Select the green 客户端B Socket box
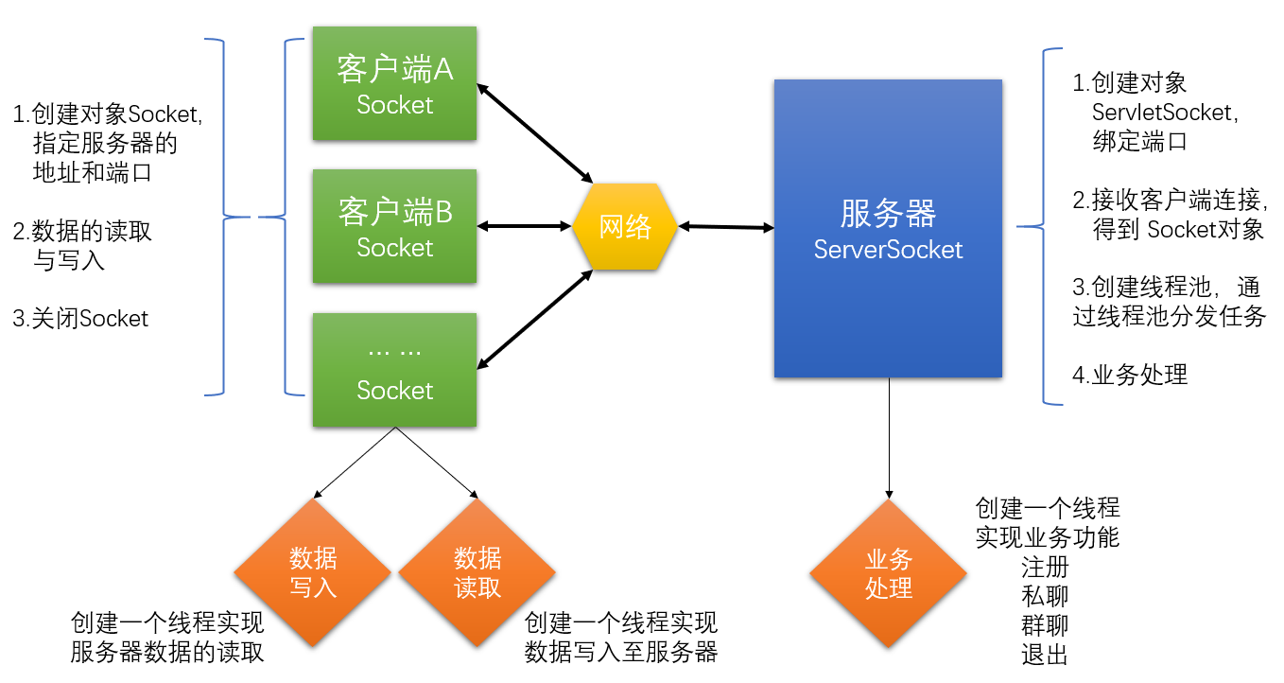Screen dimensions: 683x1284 (394, 226)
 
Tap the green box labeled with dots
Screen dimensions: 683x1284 (394, 370)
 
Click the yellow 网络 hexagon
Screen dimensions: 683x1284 (625, 227)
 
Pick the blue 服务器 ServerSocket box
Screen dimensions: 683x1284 (888, 228)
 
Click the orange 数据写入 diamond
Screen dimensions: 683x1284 (313, 572)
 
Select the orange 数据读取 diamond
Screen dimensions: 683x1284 (477, 572)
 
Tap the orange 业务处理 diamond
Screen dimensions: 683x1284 (889, 573)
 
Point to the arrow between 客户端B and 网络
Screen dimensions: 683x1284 (525, 226)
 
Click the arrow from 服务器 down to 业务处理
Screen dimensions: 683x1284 (889, 435)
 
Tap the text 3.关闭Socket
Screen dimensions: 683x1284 (80, 319)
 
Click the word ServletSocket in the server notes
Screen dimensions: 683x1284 (1163, 113)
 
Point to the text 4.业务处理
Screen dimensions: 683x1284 (1130, 375)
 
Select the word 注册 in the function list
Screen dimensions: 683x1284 (1045, 568)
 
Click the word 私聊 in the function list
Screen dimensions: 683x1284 (1045, 596)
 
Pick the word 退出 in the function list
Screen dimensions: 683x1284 (1045, 654)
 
